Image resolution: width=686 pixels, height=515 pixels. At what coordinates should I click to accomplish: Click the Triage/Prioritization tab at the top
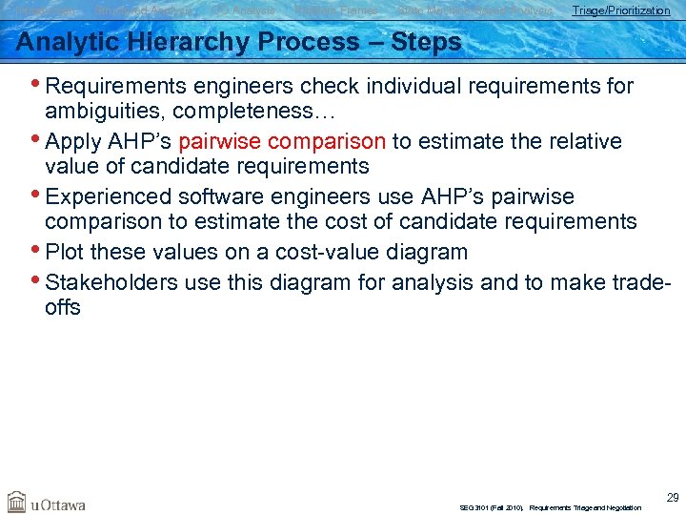tap(620, 10)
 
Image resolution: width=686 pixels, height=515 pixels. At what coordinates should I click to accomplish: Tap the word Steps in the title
tap(426, 43)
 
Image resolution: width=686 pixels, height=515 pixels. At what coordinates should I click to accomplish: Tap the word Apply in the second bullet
tap(74, 142)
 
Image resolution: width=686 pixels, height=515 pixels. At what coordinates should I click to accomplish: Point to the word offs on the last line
tap(63, 307)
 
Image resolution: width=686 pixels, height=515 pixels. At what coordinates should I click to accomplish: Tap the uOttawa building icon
tap(17, 502)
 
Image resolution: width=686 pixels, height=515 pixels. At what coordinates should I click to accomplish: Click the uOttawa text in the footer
tap(59, 504)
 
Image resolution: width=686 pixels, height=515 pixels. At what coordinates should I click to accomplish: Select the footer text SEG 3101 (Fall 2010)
tap(491, 508)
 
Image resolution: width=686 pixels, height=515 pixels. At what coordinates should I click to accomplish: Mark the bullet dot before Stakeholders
tap(38, 281)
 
